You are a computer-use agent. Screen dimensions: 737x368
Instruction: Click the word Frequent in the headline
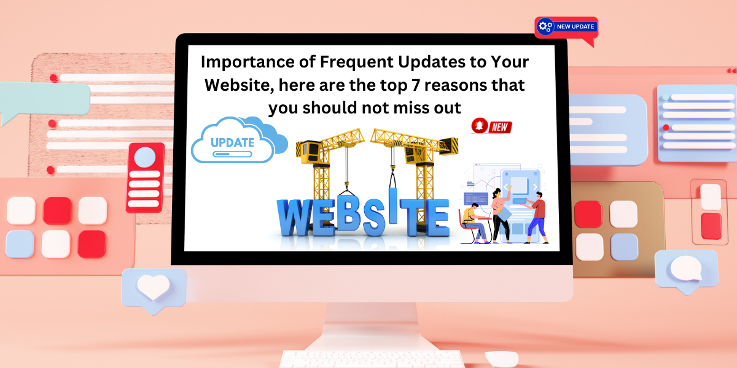[x=356, y=62]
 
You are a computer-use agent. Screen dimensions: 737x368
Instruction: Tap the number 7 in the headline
[x=416, y=85]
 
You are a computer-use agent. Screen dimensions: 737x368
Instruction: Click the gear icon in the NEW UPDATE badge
[x=545, y=26]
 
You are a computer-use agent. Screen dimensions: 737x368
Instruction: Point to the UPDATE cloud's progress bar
[x=232, y=154]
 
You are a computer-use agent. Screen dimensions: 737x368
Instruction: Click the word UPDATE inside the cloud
[x=232, y=142]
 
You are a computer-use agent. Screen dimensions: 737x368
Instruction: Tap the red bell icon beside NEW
[x=480, y=126]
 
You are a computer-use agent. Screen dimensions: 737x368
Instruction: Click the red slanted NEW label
[x=500, y=127]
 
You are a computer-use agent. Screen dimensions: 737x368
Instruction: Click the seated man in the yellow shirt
[x=474, y=223]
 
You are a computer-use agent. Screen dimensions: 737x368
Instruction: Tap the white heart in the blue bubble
[x=153, y=286]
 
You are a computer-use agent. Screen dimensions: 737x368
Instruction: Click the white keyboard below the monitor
[x=372, y=359]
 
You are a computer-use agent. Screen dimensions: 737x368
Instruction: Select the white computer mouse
[x=502, y=359]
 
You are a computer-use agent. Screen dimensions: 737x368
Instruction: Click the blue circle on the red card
[x=145, y=157]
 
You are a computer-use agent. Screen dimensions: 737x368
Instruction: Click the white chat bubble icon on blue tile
[x=687, y=269]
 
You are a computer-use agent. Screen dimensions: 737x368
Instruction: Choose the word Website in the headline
[x=239, y=85]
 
